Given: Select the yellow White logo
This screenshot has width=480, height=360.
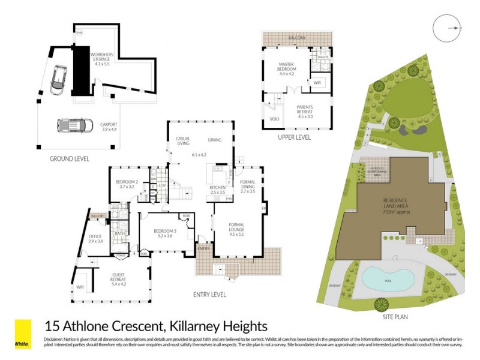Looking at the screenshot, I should click(x=23, y=334).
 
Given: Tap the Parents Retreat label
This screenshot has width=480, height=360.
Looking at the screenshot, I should click(x=310, y=112).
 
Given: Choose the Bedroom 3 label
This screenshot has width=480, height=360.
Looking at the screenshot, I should click(x=164, y=233).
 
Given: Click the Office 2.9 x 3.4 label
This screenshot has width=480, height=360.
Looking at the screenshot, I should click(x=96, y=239).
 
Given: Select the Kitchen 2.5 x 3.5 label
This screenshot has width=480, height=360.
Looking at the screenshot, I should click(x=217, y=191).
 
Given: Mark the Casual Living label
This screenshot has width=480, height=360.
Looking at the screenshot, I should click(x=183, y=141).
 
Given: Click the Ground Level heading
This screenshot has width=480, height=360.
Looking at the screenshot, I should click(x=70, y=159).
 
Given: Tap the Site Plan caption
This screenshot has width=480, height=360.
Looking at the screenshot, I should click(x=394, y=315).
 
